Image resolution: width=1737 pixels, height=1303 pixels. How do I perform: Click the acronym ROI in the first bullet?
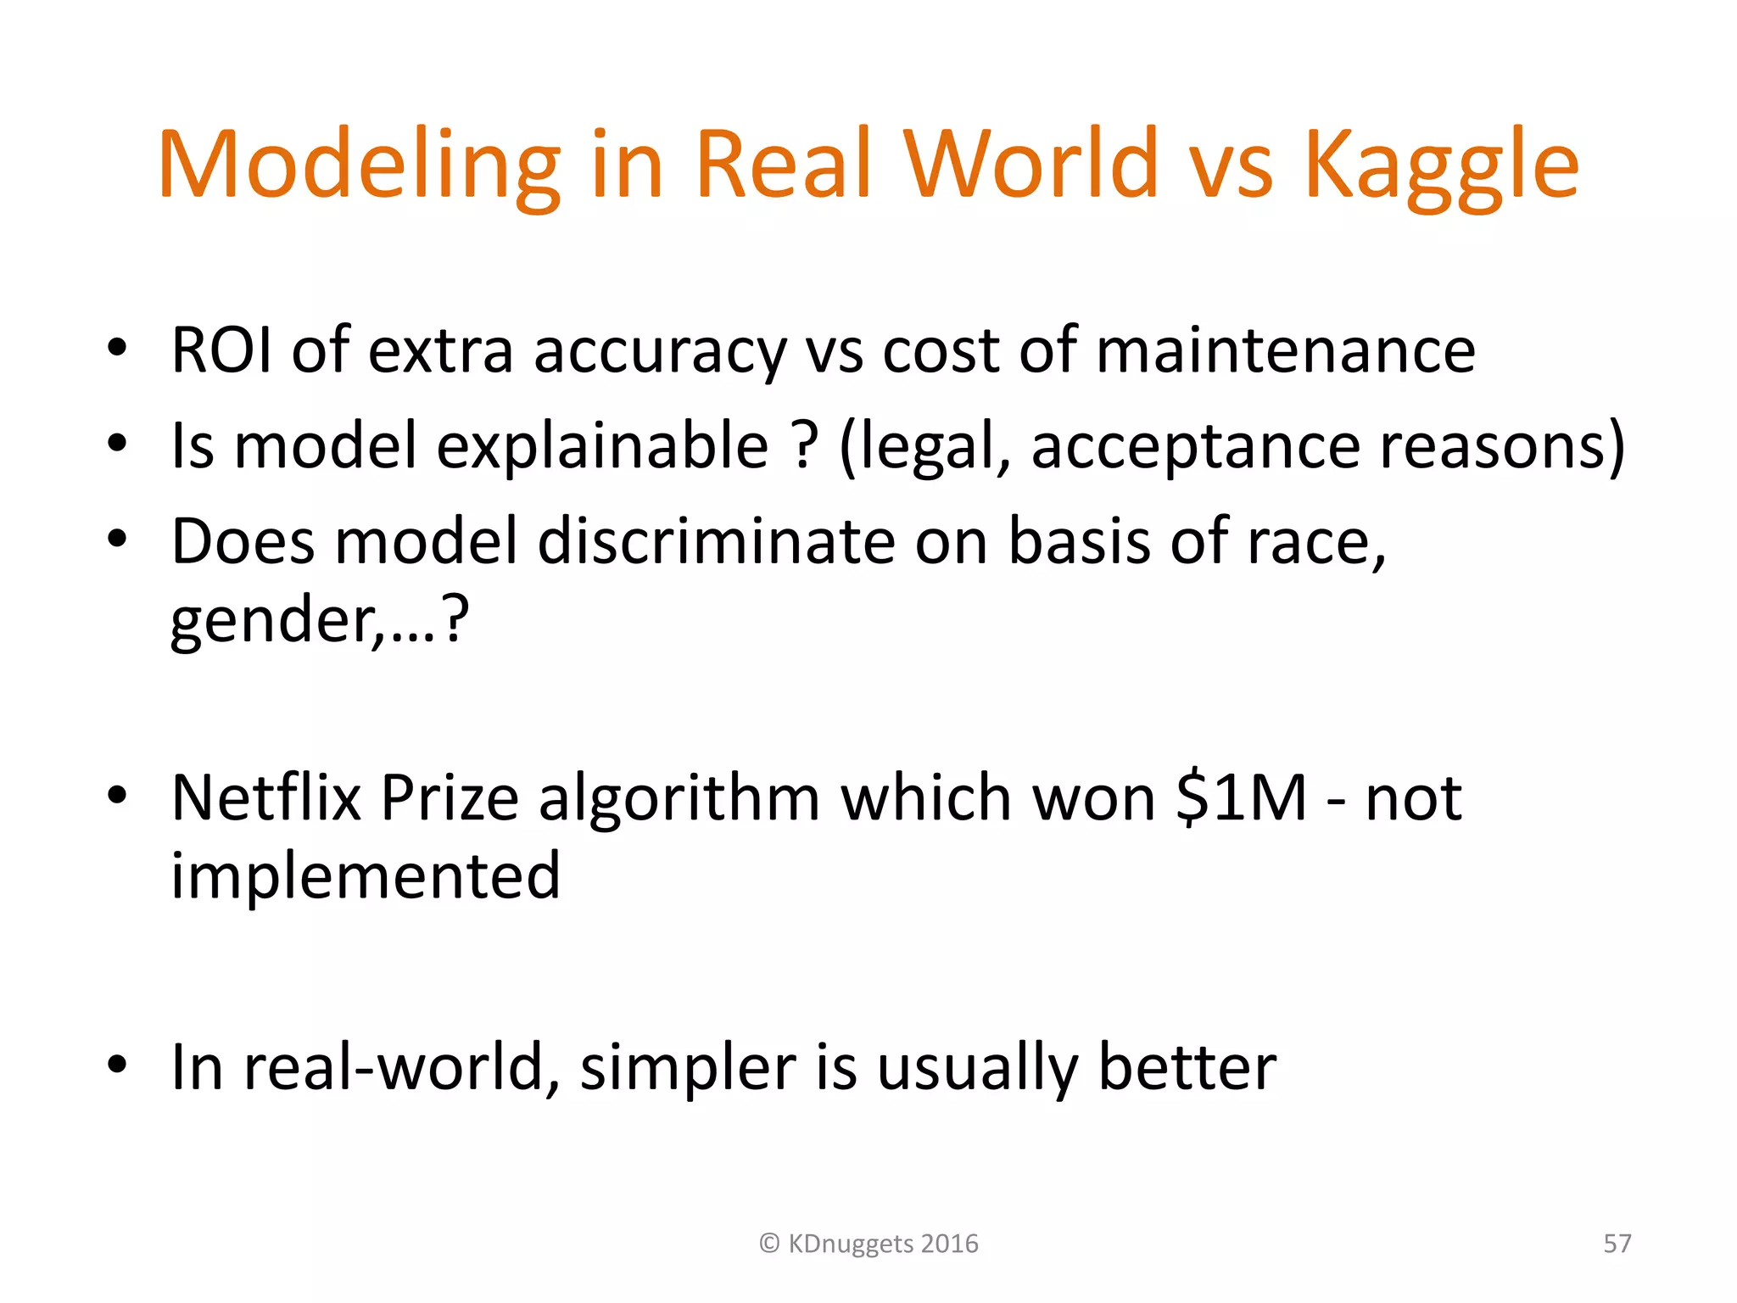click(x=222, y=350)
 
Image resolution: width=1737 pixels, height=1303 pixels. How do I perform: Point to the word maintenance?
click(x=1286, y=350)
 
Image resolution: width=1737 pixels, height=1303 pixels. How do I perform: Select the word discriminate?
click(x=717, y=540)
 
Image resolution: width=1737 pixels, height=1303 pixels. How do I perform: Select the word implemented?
click(x=366, y=875)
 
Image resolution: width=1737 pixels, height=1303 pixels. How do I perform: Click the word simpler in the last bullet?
click(x=688, y=1067)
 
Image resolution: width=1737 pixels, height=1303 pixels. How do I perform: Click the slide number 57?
click(x=1617, y=1244)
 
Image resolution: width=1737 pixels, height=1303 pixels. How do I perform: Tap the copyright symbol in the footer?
click(x=769, y=1244)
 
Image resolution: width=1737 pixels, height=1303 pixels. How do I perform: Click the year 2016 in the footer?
click(x=949, y=1244)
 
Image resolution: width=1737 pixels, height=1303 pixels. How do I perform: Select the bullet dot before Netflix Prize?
click(x=117, y=796)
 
